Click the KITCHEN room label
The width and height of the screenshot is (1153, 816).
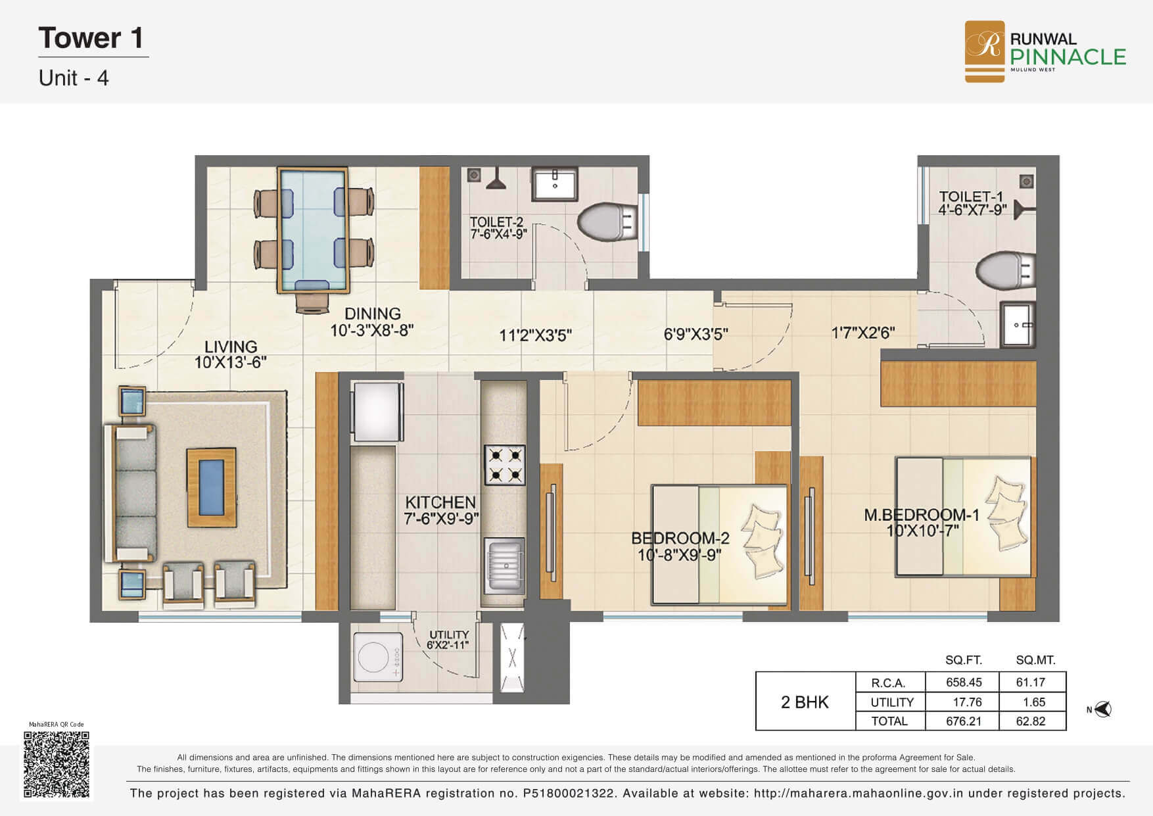pos(440,502)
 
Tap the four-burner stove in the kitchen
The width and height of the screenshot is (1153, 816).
pos(505,465)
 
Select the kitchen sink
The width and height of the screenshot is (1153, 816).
pos(505,566)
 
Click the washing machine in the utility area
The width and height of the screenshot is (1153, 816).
pos(378,657)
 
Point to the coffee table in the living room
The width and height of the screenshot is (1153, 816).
pos(212,487)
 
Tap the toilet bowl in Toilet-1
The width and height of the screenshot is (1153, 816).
pos(1005,271)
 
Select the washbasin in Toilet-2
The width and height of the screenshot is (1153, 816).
pos(555,183)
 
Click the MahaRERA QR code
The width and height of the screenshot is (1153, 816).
pos(56,763)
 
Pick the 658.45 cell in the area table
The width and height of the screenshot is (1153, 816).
pos(963,683)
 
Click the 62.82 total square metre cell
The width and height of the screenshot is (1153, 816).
pos(1030,721)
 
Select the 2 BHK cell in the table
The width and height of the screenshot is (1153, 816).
pos(805,702)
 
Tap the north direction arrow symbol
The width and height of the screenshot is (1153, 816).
pos(1102,709)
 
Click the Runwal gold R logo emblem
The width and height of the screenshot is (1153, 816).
pos(985,51)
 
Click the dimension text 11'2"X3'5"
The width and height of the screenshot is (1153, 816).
pos(535,335)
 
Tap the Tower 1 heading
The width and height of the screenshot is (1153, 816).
pos(91,38)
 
